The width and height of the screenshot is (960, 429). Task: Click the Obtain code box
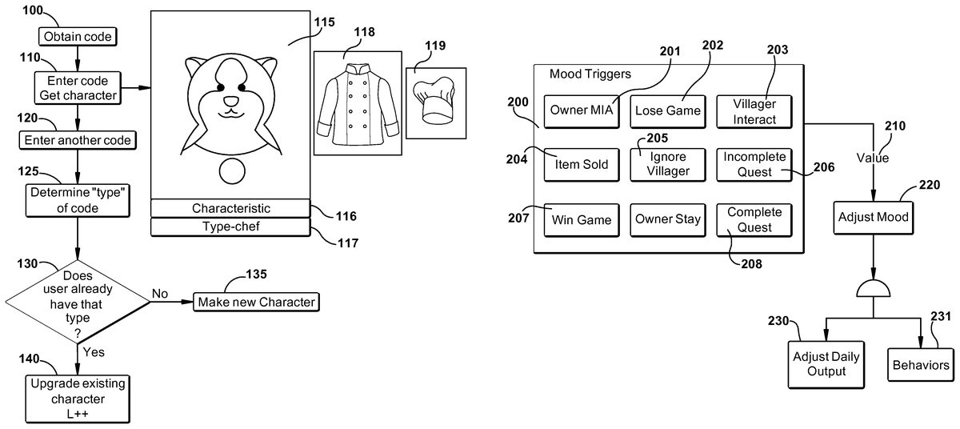(78, 36)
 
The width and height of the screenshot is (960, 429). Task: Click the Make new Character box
(256, 302)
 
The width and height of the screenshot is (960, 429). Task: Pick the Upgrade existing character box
(78, 398)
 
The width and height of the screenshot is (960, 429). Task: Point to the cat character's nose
(230, 102)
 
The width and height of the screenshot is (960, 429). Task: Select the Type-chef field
(230, 227)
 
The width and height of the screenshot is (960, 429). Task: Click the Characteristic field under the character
(230, 208)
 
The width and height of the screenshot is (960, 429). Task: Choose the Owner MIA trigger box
(580, 111)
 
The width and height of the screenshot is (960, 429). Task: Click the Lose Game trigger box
(667, 111)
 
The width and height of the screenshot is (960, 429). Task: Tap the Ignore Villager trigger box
(667, 164)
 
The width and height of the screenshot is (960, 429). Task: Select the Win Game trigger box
(580, 219)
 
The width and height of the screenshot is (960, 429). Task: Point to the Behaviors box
(919, 365)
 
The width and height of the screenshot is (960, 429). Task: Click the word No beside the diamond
(160, 293)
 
